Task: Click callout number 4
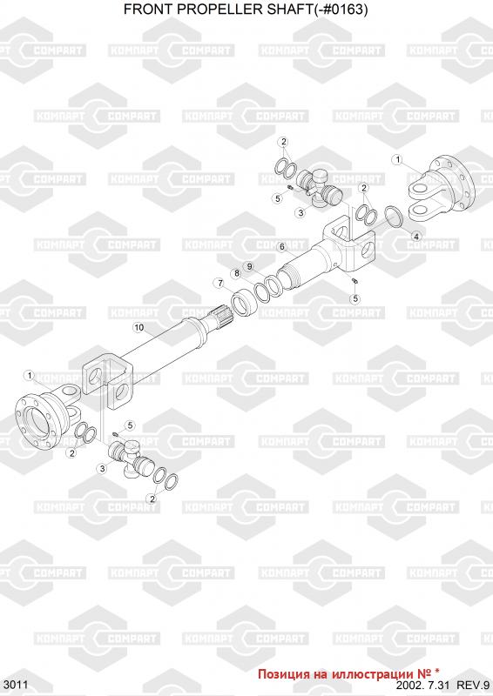tap(416, 236)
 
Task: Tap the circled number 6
tap(281, 247)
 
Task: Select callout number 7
tap(219, 283)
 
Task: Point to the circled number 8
tap(237, 273)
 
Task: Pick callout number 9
tap(250, 266)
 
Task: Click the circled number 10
tap(139, 328)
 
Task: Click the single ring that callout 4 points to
tap(393, 216)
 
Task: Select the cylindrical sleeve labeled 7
tap(244, 303)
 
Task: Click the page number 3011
tap(16, 685)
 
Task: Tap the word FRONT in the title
tap(152, 10)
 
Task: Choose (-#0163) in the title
tap(340, 10)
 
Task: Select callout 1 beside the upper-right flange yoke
tap(397, 159)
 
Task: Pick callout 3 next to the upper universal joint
tap(301, 212)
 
